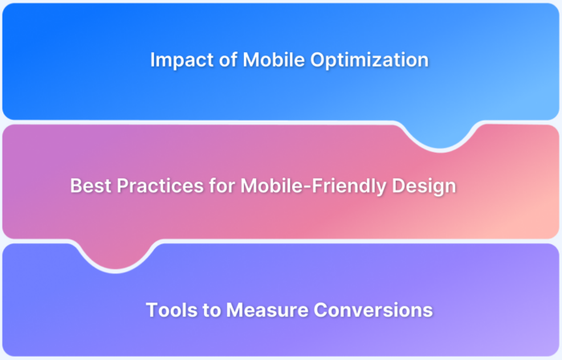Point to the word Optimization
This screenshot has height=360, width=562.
362,61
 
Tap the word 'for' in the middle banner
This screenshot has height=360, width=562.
218,186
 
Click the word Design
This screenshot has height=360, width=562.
423,186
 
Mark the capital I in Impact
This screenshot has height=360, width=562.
153,60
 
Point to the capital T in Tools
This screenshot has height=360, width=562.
151,309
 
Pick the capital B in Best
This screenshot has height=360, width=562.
75,186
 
